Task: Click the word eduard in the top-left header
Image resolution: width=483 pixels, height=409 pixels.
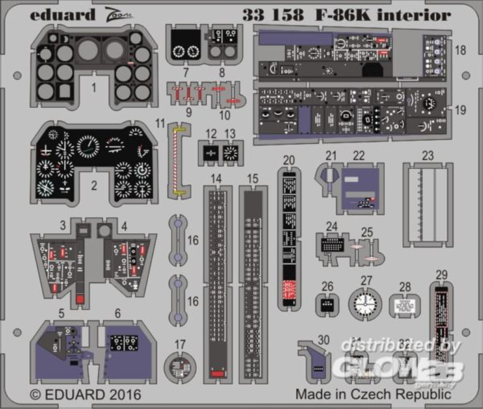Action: coord(62,15)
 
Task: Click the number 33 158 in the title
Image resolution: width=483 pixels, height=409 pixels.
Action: coord(274,15)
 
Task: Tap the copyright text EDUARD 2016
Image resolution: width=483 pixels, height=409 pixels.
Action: coord(85,394)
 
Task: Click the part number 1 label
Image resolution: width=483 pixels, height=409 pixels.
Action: coord(94,87)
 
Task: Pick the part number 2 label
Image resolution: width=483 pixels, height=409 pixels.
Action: coord(94,184)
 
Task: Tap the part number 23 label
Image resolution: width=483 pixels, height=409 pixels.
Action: coord(428,156)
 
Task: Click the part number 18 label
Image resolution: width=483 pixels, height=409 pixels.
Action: coord(460,50)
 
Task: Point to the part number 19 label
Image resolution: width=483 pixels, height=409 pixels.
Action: coord(460,110)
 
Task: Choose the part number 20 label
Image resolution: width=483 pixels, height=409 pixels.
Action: coord(289,160)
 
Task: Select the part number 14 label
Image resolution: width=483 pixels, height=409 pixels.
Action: coord(216,179)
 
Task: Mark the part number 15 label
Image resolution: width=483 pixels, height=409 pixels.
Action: coord(253,179)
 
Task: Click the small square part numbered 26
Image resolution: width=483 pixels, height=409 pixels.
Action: coord(327,305)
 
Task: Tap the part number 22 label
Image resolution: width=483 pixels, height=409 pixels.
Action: coord(359,156)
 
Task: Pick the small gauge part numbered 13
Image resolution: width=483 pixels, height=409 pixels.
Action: coord(230,153)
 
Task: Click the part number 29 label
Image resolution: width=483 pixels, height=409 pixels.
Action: coord(441,274)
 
